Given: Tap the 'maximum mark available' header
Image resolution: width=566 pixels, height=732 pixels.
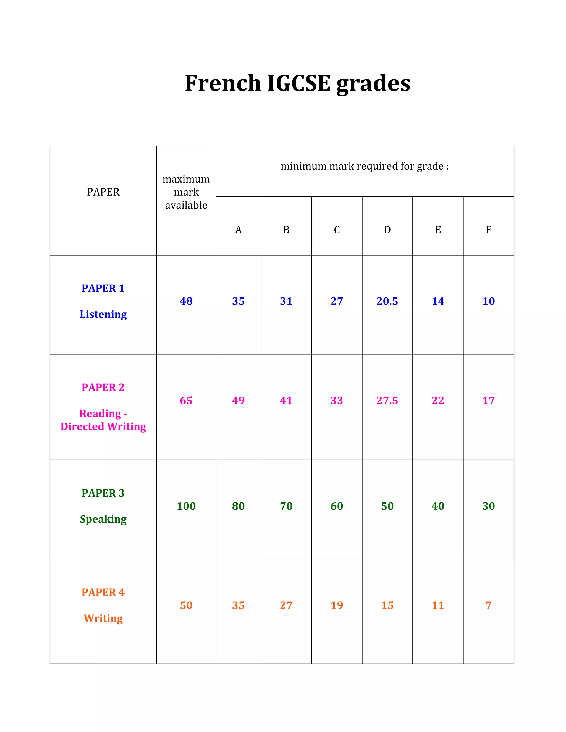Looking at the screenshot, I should (x=186, y=192).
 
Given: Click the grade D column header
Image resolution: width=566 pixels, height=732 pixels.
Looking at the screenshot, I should (x=387, y=230).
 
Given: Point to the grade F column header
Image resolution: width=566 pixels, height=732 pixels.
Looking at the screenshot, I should (x=489, y=230).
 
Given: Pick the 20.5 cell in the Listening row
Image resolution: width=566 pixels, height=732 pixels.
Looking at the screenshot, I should (x=387, y=301).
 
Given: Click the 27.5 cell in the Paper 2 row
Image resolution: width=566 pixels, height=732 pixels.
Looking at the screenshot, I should (x=387, y=401).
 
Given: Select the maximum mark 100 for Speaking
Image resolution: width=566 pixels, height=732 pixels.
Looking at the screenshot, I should (x=186, y=506).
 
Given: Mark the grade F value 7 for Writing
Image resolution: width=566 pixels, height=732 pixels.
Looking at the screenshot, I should (x=489, y=605).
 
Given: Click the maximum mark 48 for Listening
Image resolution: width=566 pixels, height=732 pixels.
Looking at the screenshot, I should (x=186, y=301).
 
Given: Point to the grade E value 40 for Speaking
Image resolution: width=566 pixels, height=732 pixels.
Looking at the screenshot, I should (x=438, y=506).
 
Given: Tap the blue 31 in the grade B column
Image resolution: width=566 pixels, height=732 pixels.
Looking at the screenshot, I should (x=286, y=301).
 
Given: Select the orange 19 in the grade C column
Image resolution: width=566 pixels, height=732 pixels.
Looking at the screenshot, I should (x=337, y=605).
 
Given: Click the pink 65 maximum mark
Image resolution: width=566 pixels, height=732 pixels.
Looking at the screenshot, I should (x=186, y=401).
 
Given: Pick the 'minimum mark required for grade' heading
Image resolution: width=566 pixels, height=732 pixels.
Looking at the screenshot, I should (x=365, y=166).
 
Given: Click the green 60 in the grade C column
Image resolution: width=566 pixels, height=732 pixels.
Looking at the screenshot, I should (x=337, y=506).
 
